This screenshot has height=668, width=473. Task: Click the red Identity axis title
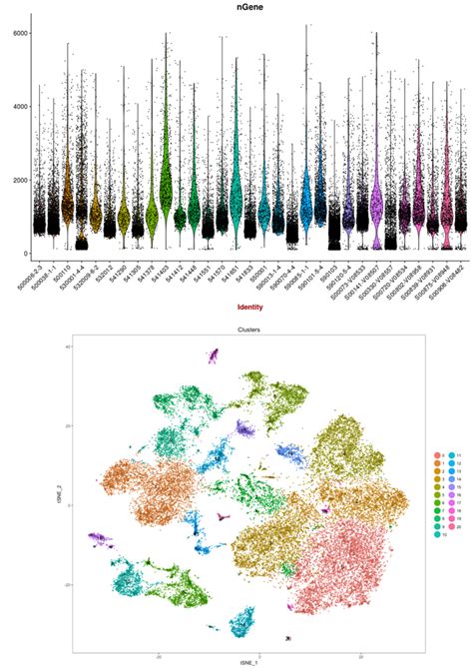236,306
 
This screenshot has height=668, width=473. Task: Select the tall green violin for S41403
166,170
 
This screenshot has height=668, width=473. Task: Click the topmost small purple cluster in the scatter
213,354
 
